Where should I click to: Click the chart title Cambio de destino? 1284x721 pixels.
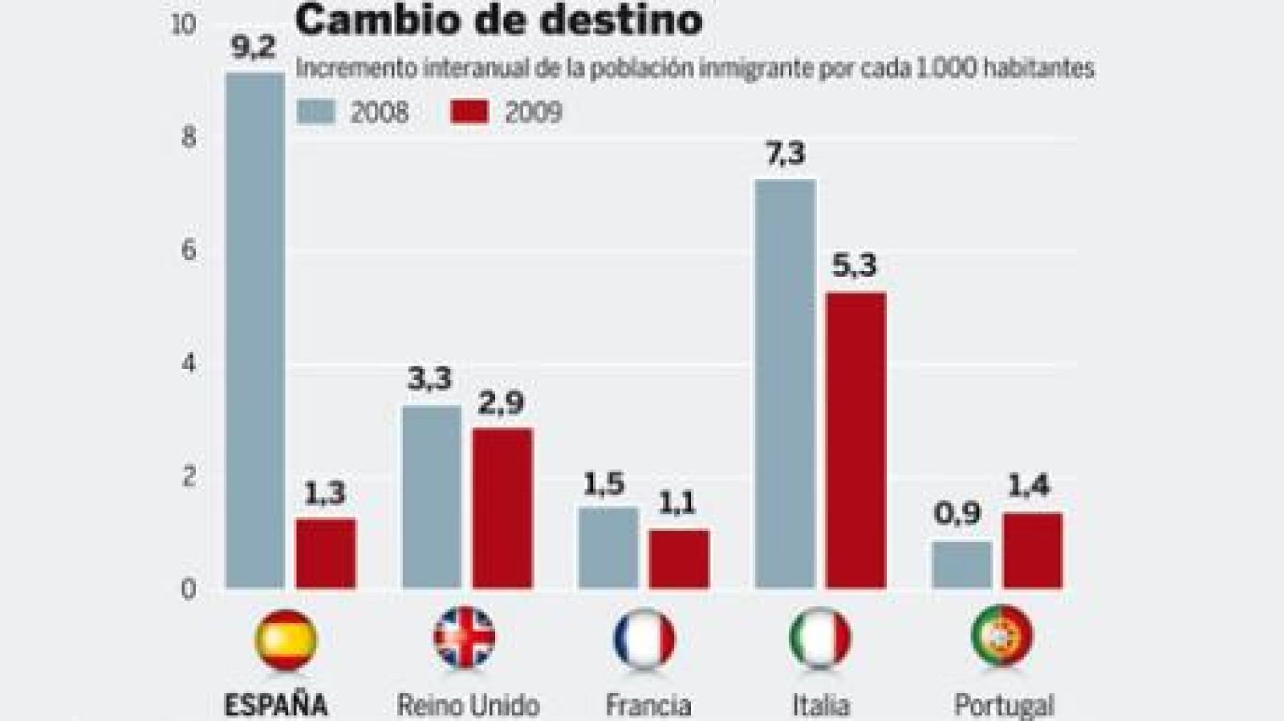tap(498, 20)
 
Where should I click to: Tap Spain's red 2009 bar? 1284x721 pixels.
tap(326, 553)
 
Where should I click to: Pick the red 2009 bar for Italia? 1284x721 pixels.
tap(856, 440)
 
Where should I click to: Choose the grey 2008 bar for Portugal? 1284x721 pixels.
tap(962, 565)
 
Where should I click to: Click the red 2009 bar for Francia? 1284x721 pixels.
tap(679, 559)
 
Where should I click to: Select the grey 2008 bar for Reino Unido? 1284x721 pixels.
tap(432, 497)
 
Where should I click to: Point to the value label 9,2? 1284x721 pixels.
tap(253, 48)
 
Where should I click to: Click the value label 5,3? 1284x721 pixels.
tap(854, 265)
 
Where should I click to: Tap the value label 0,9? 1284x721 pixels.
tap(957, 513)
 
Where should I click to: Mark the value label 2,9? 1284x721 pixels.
tap(501, 403)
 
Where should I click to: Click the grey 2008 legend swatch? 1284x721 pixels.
tap(315, 111)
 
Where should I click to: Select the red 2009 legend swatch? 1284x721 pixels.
tap(469, 111)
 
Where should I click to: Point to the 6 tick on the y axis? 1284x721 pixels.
tap(189, 251)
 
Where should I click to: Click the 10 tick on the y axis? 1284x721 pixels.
tap(184, 24)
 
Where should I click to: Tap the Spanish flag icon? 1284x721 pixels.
tap(286, 639)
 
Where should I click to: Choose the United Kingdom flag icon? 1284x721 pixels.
tap(465, 638)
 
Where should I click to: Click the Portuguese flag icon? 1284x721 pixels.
tap(1002, 636)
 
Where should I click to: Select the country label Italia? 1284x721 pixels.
tap(820, 705)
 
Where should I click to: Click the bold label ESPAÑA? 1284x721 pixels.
tap(276, 705)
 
